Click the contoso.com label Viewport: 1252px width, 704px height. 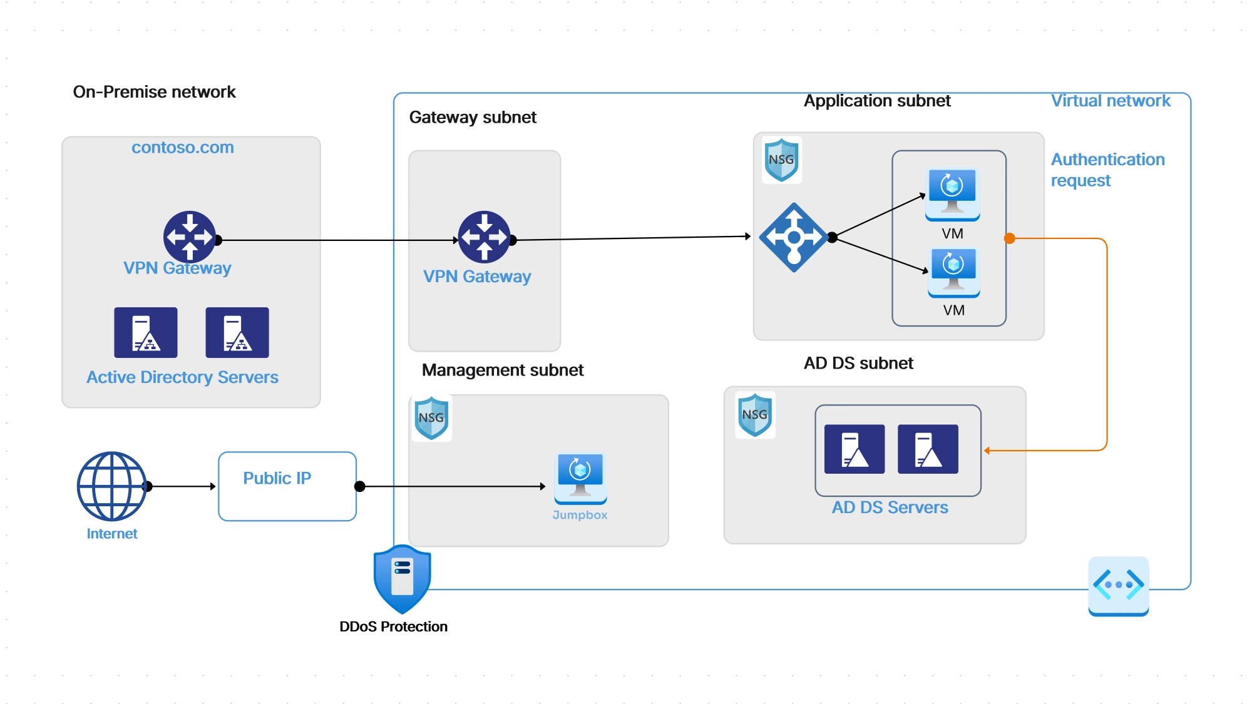click(x=182, y=148)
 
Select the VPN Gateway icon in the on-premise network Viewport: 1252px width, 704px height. click(x=190, y=237)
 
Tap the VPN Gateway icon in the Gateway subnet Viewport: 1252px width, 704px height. click(x=484, y=237)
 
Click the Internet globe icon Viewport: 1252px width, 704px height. click(x=112, y=486)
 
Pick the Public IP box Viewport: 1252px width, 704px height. click(x=287, y=486)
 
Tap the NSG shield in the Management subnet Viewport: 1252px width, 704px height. click(x=431, y=417)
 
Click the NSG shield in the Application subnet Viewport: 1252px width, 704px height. click(x=781, y=160)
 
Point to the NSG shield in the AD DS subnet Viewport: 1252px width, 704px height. click(x=755, y=414)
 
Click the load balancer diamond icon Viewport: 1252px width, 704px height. click(x=794, y=237)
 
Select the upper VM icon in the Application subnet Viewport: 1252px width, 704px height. click(x=952, y=194)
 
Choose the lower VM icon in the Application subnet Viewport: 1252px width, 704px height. click(x=953, y=272)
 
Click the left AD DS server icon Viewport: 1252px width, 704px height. click(x=854, y=449)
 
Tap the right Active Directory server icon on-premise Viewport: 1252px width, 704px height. click(x=237, y=332)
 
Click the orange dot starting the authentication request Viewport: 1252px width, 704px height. click(x=1009, y=238)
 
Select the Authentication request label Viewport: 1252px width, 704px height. click(x=1107, y=170)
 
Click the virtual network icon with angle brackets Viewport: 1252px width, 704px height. click(x=1118, y=586)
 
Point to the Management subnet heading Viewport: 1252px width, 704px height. click(x=502, y=370)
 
